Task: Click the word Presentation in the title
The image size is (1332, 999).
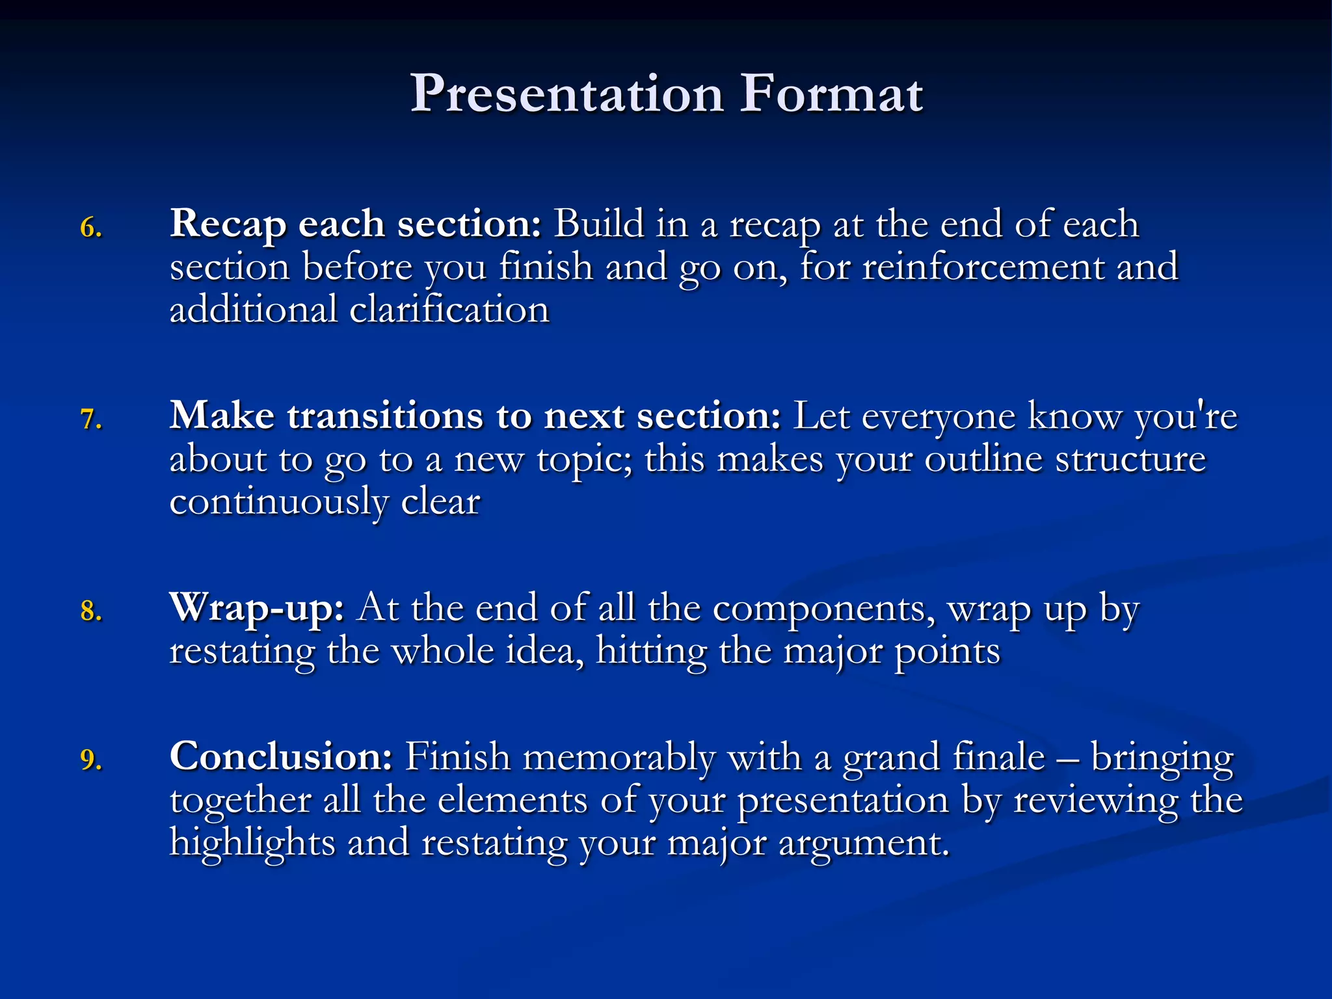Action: (x=566, y=94)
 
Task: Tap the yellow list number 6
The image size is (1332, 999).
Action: (x=90, y=228)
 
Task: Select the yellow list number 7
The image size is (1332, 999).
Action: (x=90, y=420)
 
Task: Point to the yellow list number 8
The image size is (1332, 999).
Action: (x=90, y=611)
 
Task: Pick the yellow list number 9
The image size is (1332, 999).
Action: (x=90, y=760)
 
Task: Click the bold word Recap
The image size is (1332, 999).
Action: (x=228, y=224)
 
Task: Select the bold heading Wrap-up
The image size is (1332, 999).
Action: (x=256, y=609)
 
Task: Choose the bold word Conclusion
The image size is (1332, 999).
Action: (x=280, y=757)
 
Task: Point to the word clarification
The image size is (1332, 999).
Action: (x=449, y=310)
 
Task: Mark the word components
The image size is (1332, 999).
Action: (x=823, y=609)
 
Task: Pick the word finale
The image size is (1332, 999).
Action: (x=998, y=757)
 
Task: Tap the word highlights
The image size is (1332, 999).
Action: (x=251, y=843)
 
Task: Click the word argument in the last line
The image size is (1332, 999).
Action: (x=863, y=843)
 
